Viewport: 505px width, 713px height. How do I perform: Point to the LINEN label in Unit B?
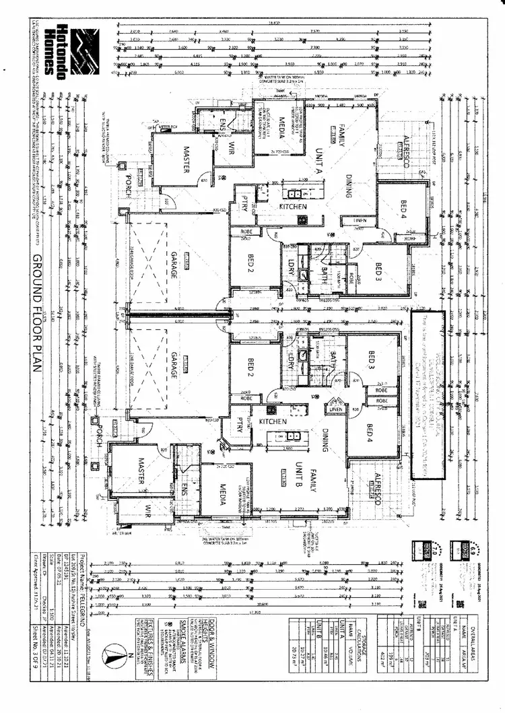pyautogui.click(x=335, y=406)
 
